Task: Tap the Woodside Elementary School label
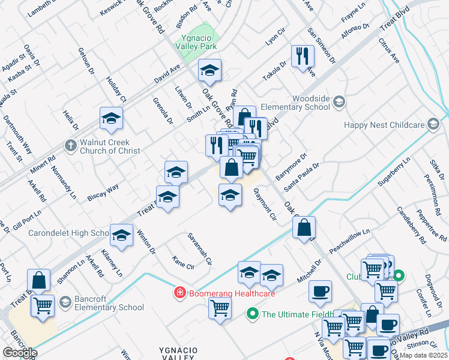point(311,103)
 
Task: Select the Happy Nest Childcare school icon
point(433,125)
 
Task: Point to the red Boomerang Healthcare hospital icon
point(179,293)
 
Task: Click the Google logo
point(20,353)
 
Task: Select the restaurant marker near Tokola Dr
point(303,56)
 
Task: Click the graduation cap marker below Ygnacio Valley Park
point(209,70)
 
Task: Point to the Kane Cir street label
point(183,262)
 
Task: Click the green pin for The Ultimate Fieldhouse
point(253,314)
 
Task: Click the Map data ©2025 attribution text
point(424,356)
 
